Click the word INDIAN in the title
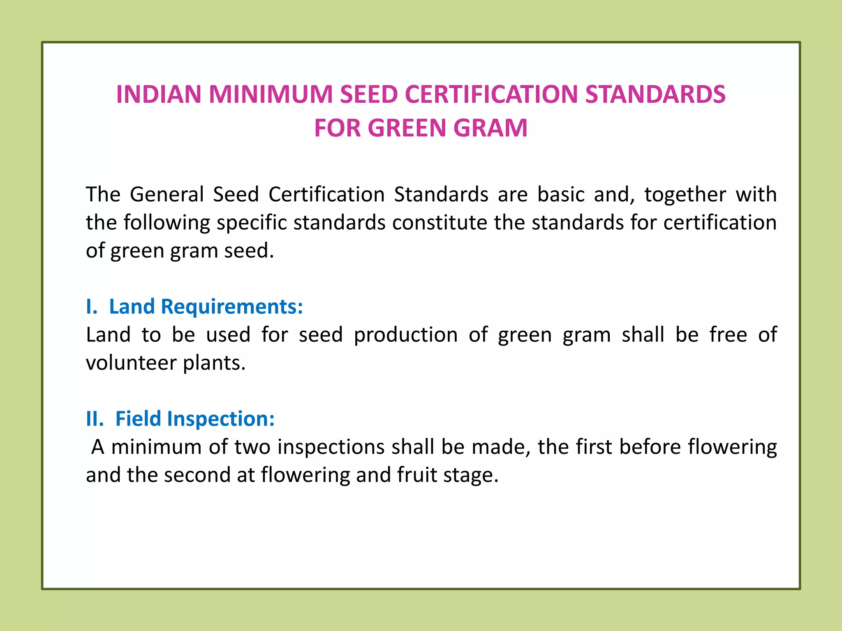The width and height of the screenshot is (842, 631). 159,94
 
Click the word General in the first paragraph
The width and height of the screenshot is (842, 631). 167,194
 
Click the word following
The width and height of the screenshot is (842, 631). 167,223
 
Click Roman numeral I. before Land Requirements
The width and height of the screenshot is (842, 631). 92,307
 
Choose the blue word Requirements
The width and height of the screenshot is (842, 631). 232,307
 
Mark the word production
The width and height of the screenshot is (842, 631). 405,335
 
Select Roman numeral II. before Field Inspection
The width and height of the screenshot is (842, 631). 95,419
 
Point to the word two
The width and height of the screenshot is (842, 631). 252,447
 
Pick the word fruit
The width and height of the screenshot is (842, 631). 416,475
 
